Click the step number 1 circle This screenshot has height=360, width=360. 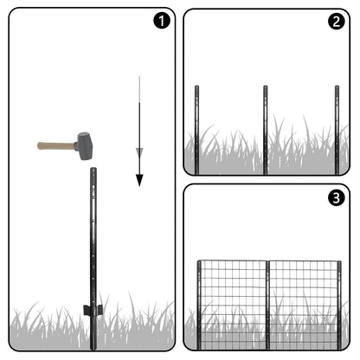162,21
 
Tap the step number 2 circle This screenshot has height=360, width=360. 337,22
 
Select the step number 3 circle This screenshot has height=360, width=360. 337,198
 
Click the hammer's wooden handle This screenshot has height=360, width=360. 56,145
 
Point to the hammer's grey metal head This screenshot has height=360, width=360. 84,146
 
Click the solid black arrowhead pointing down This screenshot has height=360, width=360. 139,180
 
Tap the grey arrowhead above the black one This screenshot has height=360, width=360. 139,152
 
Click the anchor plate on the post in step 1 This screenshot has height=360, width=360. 93,310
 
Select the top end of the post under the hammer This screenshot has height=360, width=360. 93,169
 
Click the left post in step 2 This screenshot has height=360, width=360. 196,130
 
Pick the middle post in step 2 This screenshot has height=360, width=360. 266,130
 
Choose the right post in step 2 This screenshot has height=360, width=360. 337,130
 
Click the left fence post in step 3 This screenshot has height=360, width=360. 199,305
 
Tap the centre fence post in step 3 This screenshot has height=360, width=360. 267,305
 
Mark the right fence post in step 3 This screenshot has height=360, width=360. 339,305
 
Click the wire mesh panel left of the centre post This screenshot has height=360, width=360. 234,305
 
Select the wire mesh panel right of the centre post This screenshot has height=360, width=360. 304,305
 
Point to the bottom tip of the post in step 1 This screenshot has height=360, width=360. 93,350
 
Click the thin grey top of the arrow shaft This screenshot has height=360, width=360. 139,89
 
